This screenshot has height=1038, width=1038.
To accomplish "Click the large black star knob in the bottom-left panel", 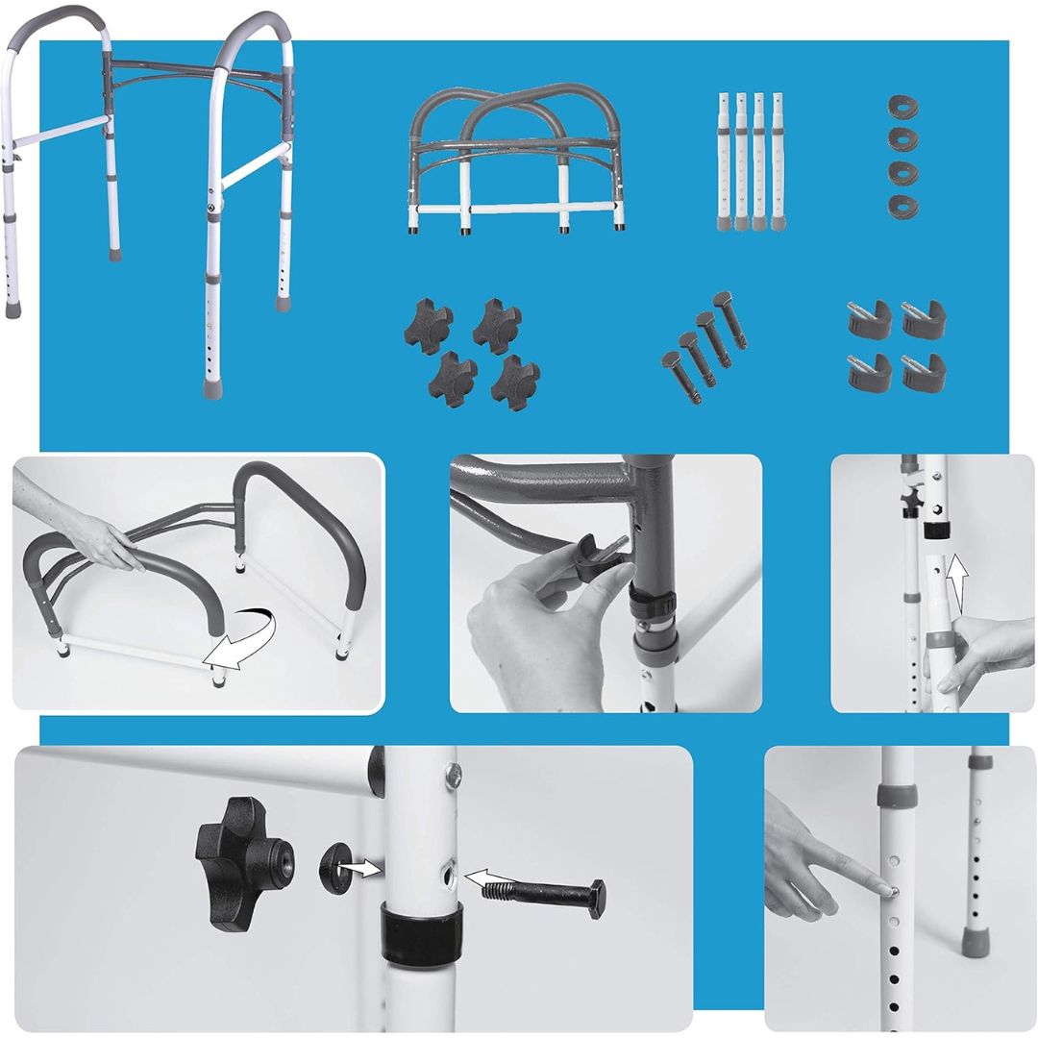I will coord(237,863).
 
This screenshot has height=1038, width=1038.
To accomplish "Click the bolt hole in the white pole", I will coord(449,874).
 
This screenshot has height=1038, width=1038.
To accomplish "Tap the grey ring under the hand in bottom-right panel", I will coord(898,796).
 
